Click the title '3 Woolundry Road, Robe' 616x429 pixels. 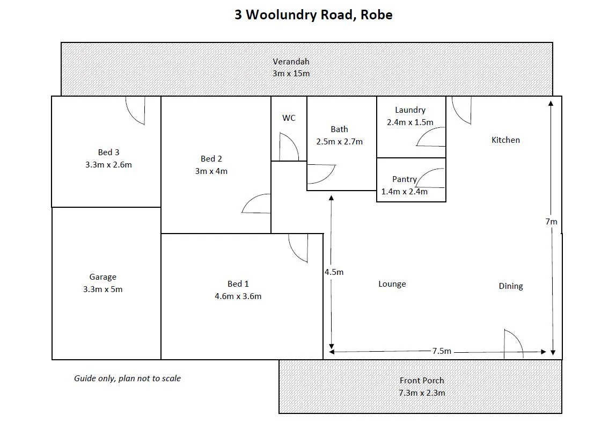click(313, 14)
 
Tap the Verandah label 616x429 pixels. click(291, 61)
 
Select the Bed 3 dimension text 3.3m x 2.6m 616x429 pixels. click(108, 165)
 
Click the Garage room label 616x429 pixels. click(102, 277)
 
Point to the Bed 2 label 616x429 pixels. click(211, 159)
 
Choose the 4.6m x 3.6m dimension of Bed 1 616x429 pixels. click(238, 296)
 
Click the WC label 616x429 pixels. click(289, 118)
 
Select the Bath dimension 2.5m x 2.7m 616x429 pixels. click(339, 142)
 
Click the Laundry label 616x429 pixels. click(410, 110)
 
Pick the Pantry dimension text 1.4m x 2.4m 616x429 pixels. click(404, 192)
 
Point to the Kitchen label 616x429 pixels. click(505, 140)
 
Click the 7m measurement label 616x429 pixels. click(551, 221)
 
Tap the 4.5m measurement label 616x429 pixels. click(334, 272)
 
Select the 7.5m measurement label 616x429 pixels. click(442, 351)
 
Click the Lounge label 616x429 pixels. click(392, 284)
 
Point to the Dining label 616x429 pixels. click(510, 286)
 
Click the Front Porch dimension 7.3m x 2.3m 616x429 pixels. click(421, 392)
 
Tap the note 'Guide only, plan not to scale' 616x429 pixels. click(127, 379)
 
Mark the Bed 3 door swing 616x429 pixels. click(135, 110)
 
